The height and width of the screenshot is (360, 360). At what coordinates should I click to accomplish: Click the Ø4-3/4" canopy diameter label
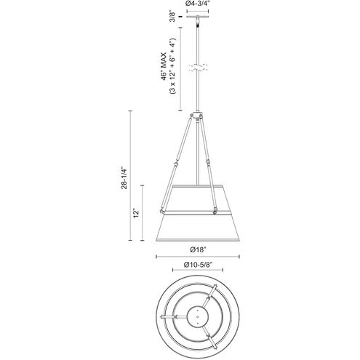pos(197,4)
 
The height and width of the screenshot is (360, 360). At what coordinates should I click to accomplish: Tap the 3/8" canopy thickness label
pos(172,16)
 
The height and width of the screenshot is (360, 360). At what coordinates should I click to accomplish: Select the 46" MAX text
pos(164,66)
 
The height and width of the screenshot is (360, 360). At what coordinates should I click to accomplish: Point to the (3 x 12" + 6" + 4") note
pos(172,66)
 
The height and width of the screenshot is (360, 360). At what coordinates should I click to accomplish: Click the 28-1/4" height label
pos(124,177)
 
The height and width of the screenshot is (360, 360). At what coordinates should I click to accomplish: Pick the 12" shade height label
pos(137,213)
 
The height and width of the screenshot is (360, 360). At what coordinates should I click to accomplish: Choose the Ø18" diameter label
pos(198,249)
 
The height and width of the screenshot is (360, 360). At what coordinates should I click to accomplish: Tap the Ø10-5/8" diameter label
pos(198,265)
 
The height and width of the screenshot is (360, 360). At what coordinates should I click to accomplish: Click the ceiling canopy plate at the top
pos(197,17)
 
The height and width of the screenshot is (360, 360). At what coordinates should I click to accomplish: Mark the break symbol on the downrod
pos(198,68)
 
